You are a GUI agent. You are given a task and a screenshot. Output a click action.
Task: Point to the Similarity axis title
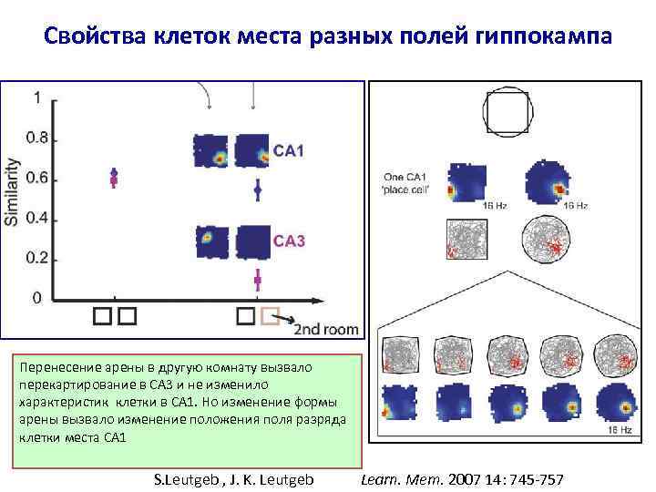pos(14,193)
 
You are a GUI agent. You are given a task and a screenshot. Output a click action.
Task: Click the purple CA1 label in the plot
pos(289,150)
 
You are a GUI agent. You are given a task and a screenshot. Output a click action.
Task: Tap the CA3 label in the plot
pos(289,241)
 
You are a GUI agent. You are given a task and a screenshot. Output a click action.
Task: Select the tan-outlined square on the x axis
pos(269,316)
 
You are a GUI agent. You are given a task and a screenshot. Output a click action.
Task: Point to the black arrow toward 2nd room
pos(288,318)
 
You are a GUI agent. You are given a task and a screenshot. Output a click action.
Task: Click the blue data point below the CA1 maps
pos(258,190)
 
